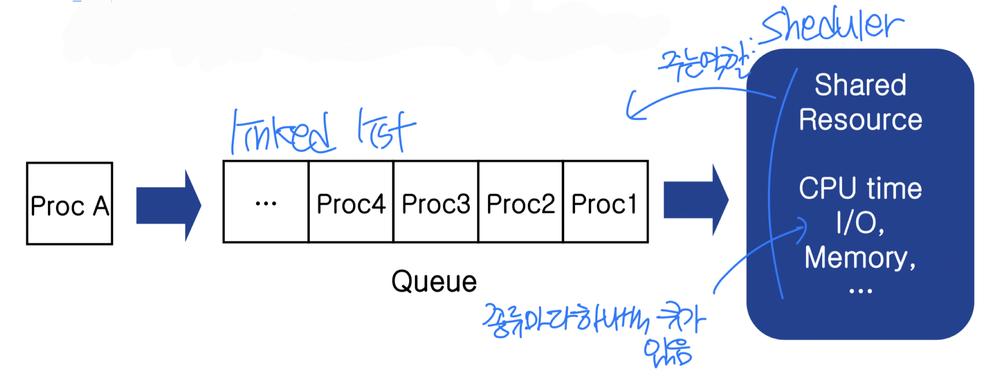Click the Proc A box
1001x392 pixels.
pos(69,204)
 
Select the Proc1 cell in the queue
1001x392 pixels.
pos(605,202)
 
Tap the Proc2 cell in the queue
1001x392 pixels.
pos(521,202)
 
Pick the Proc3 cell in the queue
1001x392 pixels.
pos(436,202)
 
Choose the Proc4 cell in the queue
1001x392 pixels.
pos(351,202)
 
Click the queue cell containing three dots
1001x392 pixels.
pos(266,202)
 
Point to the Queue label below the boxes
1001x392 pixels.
pos(434,281)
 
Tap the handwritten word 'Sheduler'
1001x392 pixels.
pos(832,26)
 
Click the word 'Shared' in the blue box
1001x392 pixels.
pos(860,85)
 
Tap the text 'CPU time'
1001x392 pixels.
pos(860,188)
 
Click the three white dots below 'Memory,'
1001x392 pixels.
pos(860,291)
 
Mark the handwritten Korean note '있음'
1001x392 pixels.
pos(668,352)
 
